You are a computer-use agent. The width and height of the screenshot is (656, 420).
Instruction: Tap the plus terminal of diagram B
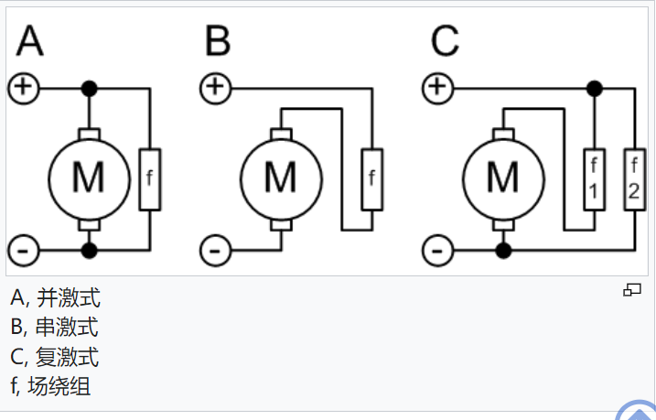tap(215, 88)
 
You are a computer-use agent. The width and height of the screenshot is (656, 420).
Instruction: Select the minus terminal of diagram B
tap(215, 249)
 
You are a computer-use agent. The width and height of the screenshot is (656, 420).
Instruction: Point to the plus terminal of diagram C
tap(439, 88)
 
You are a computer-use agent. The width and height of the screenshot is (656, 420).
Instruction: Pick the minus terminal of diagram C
tap(439, 249)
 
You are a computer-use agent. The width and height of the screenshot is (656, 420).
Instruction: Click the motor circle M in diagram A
tap(89, 178)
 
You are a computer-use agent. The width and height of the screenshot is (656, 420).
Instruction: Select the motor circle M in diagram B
tap(280, 178)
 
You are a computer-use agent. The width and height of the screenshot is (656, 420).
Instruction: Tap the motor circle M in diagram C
tap(503, 178)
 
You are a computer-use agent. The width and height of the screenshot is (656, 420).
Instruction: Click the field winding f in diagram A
tap(148, 178)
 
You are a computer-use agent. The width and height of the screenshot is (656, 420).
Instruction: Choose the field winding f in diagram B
tap(371, 178)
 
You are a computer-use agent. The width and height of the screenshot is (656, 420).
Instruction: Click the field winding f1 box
tap(596, 178)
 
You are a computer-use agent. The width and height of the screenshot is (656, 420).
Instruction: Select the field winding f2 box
tap(634, 178)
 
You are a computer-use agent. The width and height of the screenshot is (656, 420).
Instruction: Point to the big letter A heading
tap(29, 41)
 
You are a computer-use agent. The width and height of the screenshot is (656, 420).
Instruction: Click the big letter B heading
tap(218, 41)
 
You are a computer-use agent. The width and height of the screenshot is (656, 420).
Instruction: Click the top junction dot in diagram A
tap(89, 89)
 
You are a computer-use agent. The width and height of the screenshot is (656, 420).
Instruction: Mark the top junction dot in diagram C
tap(595, 89)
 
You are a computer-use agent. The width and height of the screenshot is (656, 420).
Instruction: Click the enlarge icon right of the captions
tap(631, 290)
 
